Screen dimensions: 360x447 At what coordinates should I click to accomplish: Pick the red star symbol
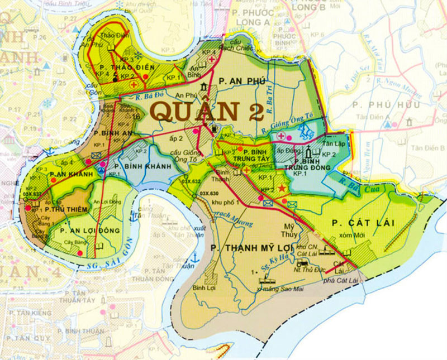point(282,190)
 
